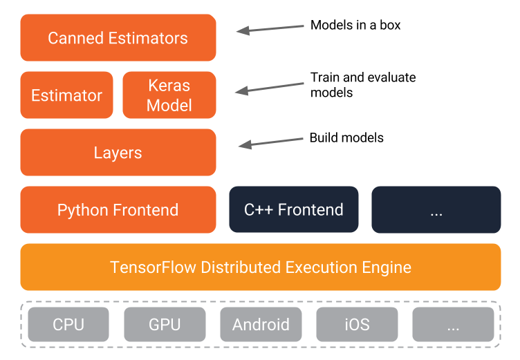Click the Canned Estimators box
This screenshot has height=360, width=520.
118,38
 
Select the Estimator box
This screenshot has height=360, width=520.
66,95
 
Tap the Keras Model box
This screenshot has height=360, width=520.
169,95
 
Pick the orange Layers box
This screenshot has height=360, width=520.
118,153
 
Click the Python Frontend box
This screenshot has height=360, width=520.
118,210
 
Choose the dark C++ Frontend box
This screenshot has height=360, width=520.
294,210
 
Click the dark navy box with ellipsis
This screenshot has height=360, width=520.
436,210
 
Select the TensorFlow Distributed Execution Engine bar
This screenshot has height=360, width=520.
260,267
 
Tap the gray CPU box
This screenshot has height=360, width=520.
68,325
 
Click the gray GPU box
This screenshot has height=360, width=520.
165,325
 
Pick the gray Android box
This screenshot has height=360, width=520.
261,325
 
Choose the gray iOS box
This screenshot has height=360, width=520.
357,325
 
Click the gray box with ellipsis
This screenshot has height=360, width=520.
453,325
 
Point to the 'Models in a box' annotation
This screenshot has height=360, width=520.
355,26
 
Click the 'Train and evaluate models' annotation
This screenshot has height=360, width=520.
363,85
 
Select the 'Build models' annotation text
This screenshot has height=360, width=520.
346,138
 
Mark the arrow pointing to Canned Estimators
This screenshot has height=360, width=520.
270,28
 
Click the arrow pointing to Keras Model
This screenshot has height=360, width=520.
270,87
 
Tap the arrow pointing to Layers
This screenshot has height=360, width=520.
271,142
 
